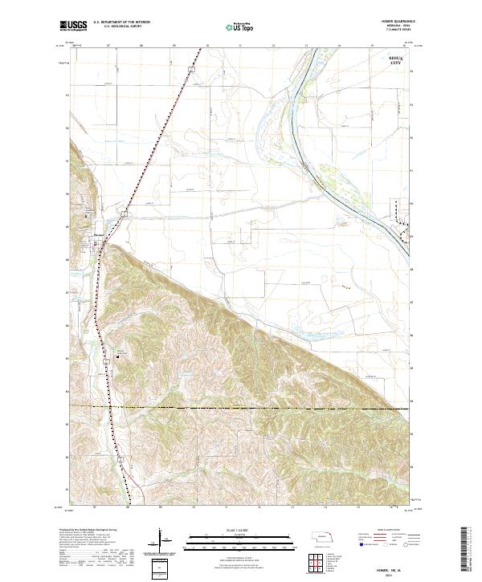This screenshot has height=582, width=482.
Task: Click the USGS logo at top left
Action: (x=77, y=26)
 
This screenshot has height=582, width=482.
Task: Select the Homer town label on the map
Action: (x=99, y=234)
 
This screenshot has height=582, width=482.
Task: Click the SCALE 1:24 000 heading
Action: (x=241, y=530)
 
